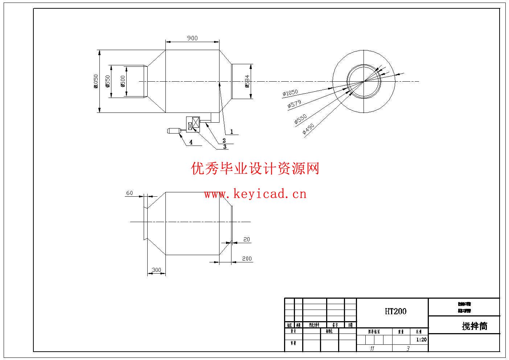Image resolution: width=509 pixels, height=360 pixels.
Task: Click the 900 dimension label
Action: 192,38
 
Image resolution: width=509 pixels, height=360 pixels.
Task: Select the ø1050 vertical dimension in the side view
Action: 96,81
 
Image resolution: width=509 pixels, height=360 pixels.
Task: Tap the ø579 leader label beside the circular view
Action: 294,104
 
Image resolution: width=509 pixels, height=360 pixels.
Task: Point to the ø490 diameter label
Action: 308,129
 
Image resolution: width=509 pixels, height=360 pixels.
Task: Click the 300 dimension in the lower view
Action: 156,270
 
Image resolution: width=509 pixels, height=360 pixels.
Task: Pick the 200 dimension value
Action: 247,258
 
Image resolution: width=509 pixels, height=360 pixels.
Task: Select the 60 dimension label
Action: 130,193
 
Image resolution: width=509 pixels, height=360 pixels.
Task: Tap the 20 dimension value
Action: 247,240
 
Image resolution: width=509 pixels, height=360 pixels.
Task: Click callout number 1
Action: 231,132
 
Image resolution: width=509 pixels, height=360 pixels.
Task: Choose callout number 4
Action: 191,143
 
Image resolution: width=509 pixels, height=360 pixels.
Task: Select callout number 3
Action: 225,147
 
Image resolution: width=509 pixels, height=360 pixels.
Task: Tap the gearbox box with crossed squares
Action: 193,123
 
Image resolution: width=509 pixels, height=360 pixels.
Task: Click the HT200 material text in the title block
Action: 395,311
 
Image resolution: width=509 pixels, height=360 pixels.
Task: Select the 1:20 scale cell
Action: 421,340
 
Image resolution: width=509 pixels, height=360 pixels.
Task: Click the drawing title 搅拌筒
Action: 475,326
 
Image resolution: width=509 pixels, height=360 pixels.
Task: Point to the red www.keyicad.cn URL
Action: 255,194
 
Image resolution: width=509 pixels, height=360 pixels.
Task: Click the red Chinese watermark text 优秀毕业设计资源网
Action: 255,168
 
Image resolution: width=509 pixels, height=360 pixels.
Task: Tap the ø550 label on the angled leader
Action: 301,119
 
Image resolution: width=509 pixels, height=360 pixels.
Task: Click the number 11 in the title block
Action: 372,348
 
